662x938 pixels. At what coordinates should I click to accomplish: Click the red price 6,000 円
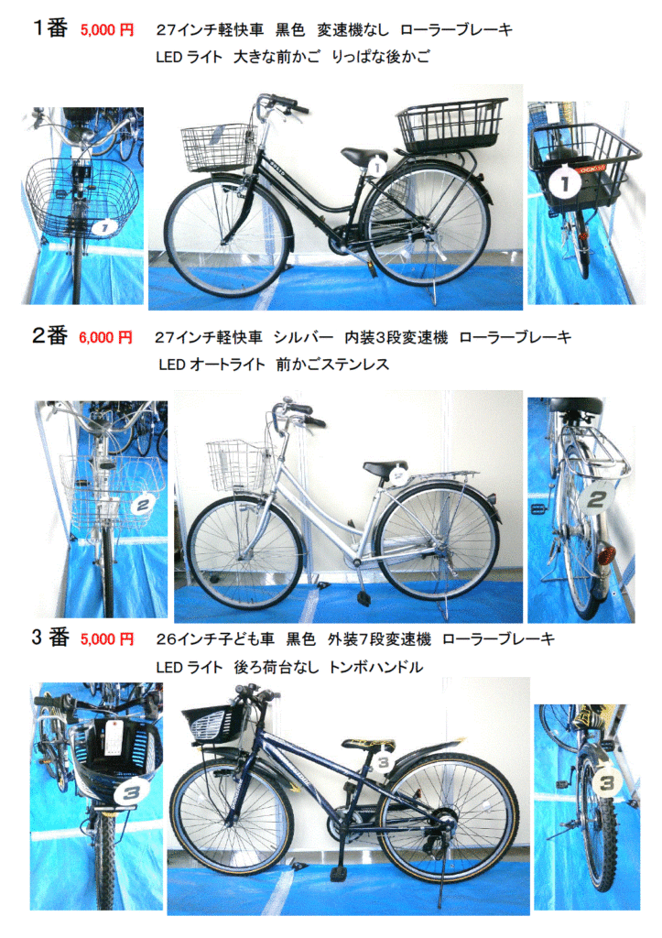(106, 337)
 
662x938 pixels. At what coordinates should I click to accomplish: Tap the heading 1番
(50, 27)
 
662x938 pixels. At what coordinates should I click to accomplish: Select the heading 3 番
(50, 638)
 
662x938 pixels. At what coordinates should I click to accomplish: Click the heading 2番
(49, 335)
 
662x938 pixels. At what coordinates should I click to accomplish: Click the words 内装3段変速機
(396, 337)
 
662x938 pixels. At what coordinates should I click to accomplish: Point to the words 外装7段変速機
(379, 639)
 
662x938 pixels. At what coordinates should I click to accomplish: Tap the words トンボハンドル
(376, 667)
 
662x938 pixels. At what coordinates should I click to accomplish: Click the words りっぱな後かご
(380, 57)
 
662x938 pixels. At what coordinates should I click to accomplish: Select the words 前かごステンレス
(332, 365)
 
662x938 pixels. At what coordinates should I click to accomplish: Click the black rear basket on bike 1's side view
(452, 125)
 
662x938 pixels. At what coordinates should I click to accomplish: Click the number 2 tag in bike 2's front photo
(142, 506)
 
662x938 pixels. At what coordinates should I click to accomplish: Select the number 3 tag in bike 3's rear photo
(606, 781)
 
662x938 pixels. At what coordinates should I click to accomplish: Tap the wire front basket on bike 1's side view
(219, 147)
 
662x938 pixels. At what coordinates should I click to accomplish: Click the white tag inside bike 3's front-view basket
(112, 737)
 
